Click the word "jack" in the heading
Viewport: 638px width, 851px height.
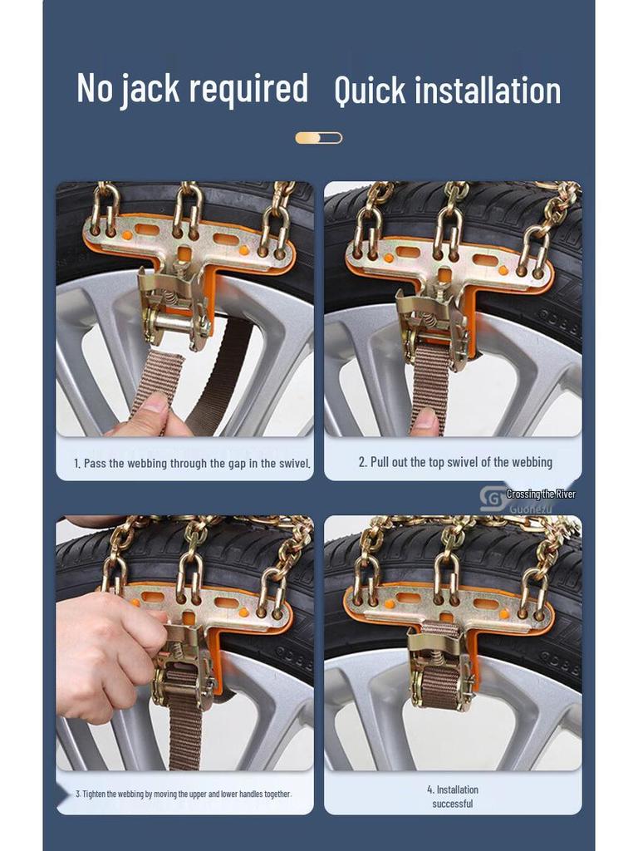tap(150, 90)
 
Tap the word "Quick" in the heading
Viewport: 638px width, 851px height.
tap(370, 91)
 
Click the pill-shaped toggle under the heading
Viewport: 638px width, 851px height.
tap(319, 138)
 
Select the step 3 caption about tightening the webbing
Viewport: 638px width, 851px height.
tap(184, 794)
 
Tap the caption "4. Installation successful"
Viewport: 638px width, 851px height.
tap(453, 796)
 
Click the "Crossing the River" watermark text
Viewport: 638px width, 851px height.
tap(541, 494)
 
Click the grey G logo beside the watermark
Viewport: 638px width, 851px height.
tap(492, 499)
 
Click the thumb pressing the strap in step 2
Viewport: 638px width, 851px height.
tap(425, 421)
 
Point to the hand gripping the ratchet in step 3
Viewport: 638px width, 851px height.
tap(105, 654)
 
